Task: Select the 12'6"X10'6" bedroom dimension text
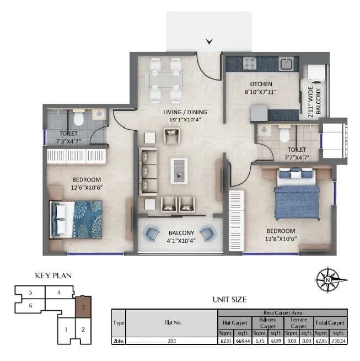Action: (86, 187)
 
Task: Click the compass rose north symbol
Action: (328, 280)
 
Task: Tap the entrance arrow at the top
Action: (209, 41)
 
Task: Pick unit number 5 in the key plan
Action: (31, 292)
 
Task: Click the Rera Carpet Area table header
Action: (283, 312)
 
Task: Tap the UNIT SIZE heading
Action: (229, 299)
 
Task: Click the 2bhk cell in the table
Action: (118, 341)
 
